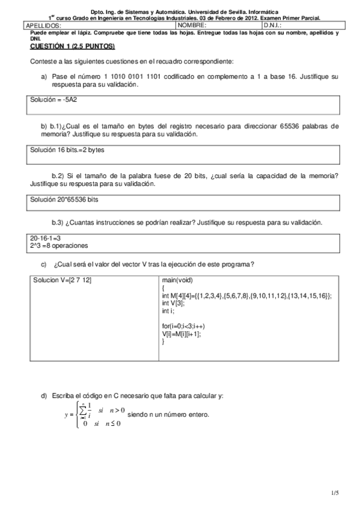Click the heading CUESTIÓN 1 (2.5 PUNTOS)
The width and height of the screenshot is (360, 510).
[72, 46]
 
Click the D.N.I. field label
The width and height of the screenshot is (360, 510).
[272, 26]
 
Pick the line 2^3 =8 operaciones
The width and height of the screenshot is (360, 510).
[59, 245]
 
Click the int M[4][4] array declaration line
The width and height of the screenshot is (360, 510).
[246, 296]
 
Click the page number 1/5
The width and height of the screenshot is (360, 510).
[334, 493]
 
